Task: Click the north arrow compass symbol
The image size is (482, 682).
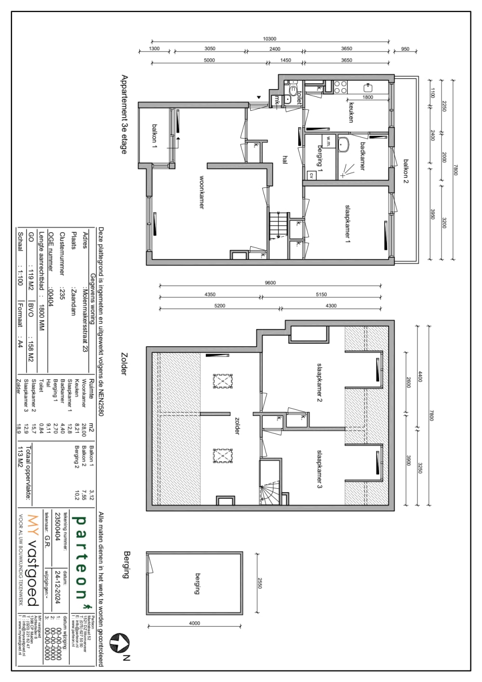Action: click(x=119, y=642)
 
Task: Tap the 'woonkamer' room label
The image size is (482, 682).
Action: click(x=202, y=192)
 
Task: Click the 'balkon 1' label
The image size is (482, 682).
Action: click(x=155, y=134)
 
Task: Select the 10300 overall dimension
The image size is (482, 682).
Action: click(x=269, y=39)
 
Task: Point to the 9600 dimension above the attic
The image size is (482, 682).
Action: click(x=270, y=283)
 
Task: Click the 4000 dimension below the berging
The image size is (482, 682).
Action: click(x=194, y=623)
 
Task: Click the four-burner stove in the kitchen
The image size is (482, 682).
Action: click(x=340, y=87)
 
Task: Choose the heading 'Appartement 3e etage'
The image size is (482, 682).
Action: click(x=124, y=114)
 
